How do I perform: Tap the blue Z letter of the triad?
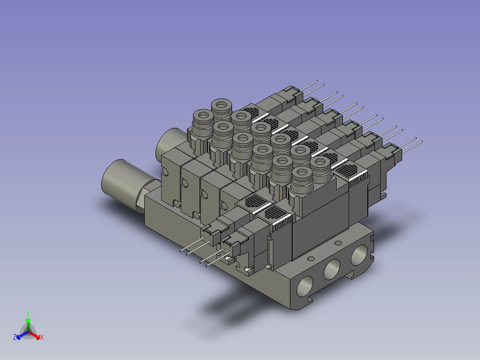click(x=15, y=337)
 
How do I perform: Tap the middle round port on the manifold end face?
click(x=332, y=270)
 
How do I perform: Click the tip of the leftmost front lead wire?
click(x=181, y=251)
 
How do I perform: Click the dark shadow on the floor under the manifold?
click(x=232, y=307)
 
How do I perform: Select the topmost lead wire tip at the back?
click(x=317, y=81)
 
